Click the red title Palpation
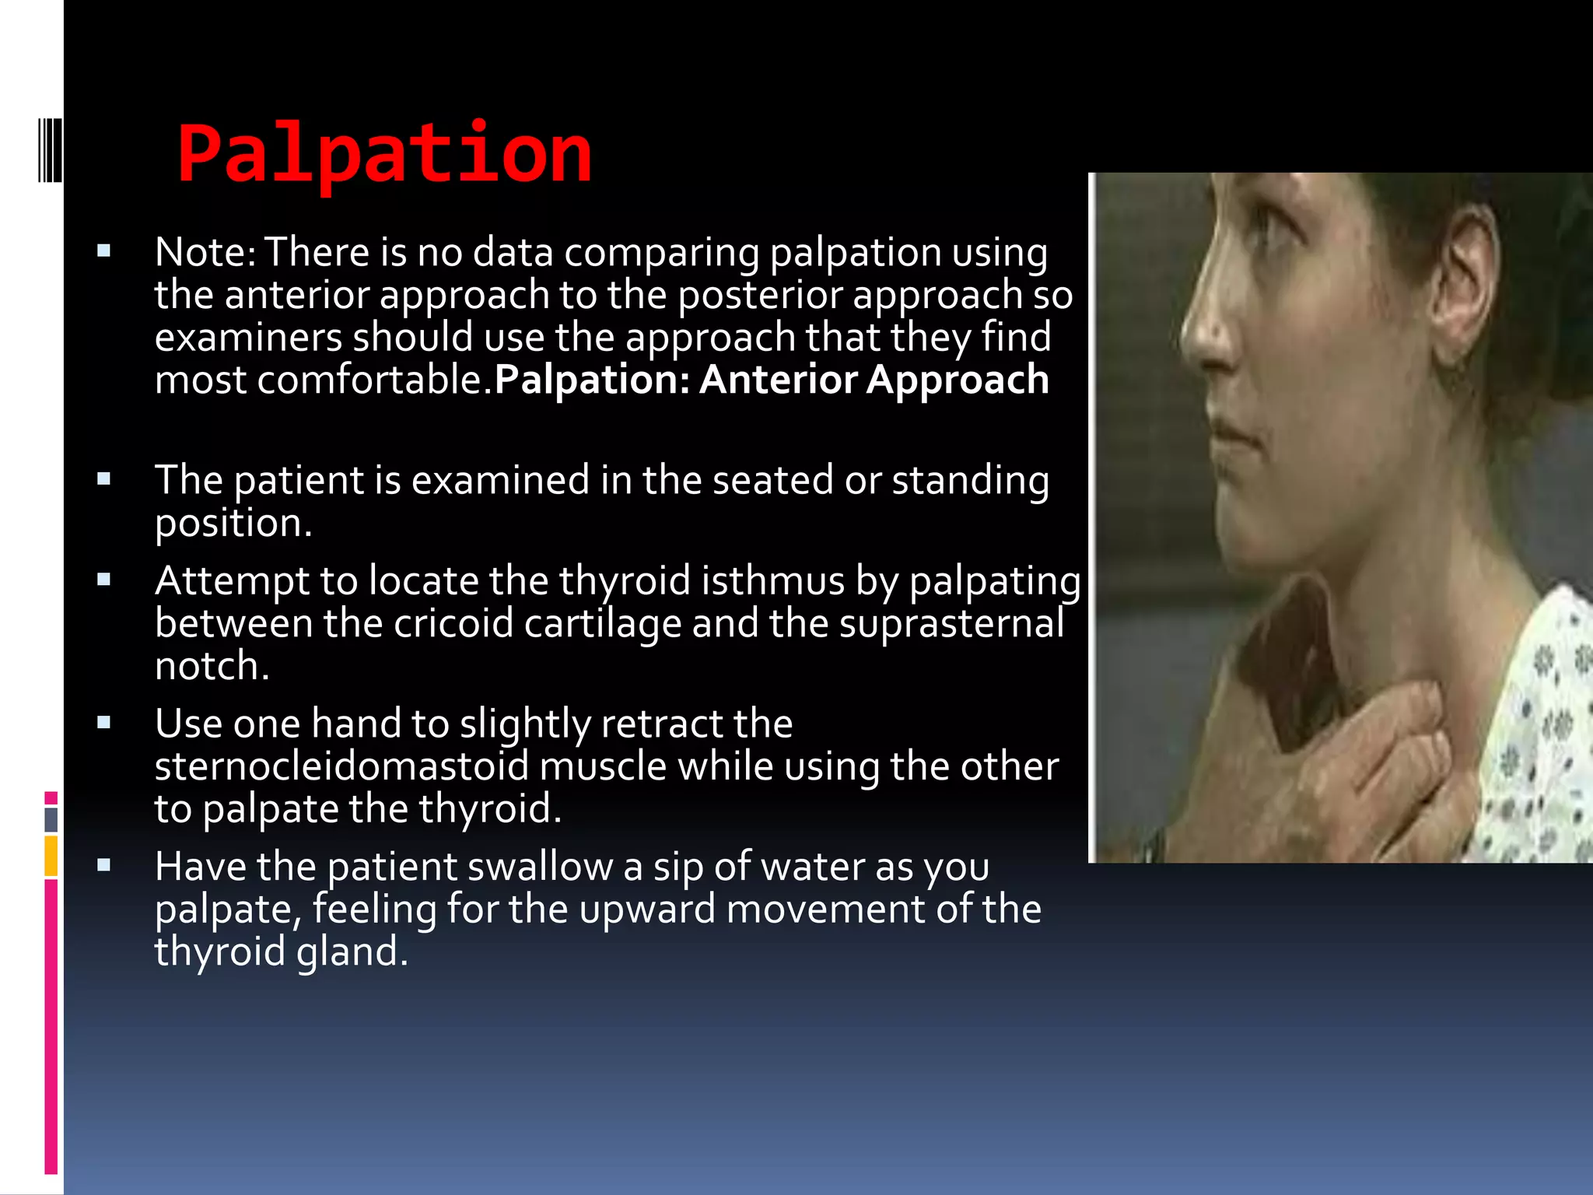(x=384, y=154)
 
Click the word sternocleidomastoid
(x=341, y=767)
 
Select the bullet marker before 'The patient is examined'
(x=104, y=479)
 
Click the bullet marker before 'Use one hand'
(x=104, y=724)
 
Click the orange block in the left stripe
(x=51, y=856)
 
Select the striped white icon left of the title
(x=50, y=149)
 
